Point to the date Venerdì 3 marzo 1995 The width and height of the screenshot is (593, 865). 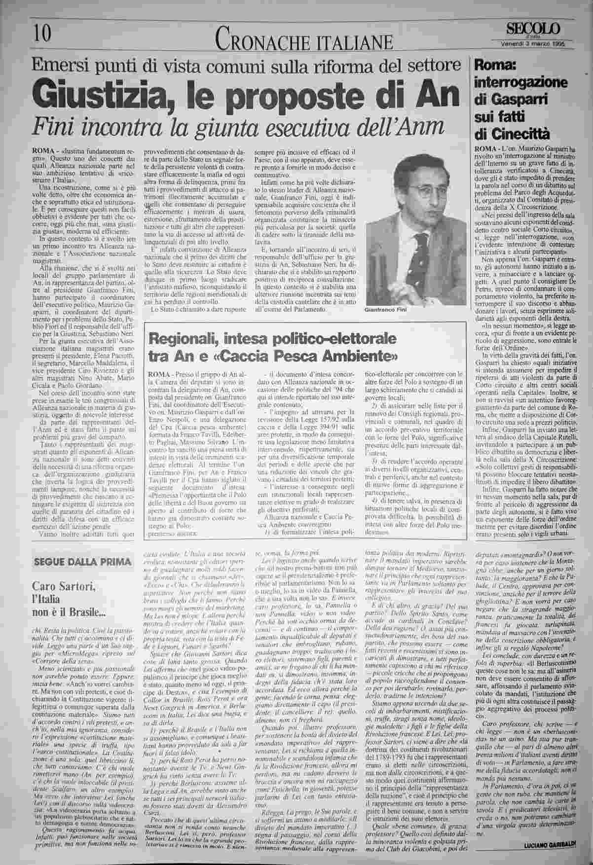click(530, 42)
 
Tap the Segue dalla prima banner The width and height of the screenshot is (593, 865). click(82, 563)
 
